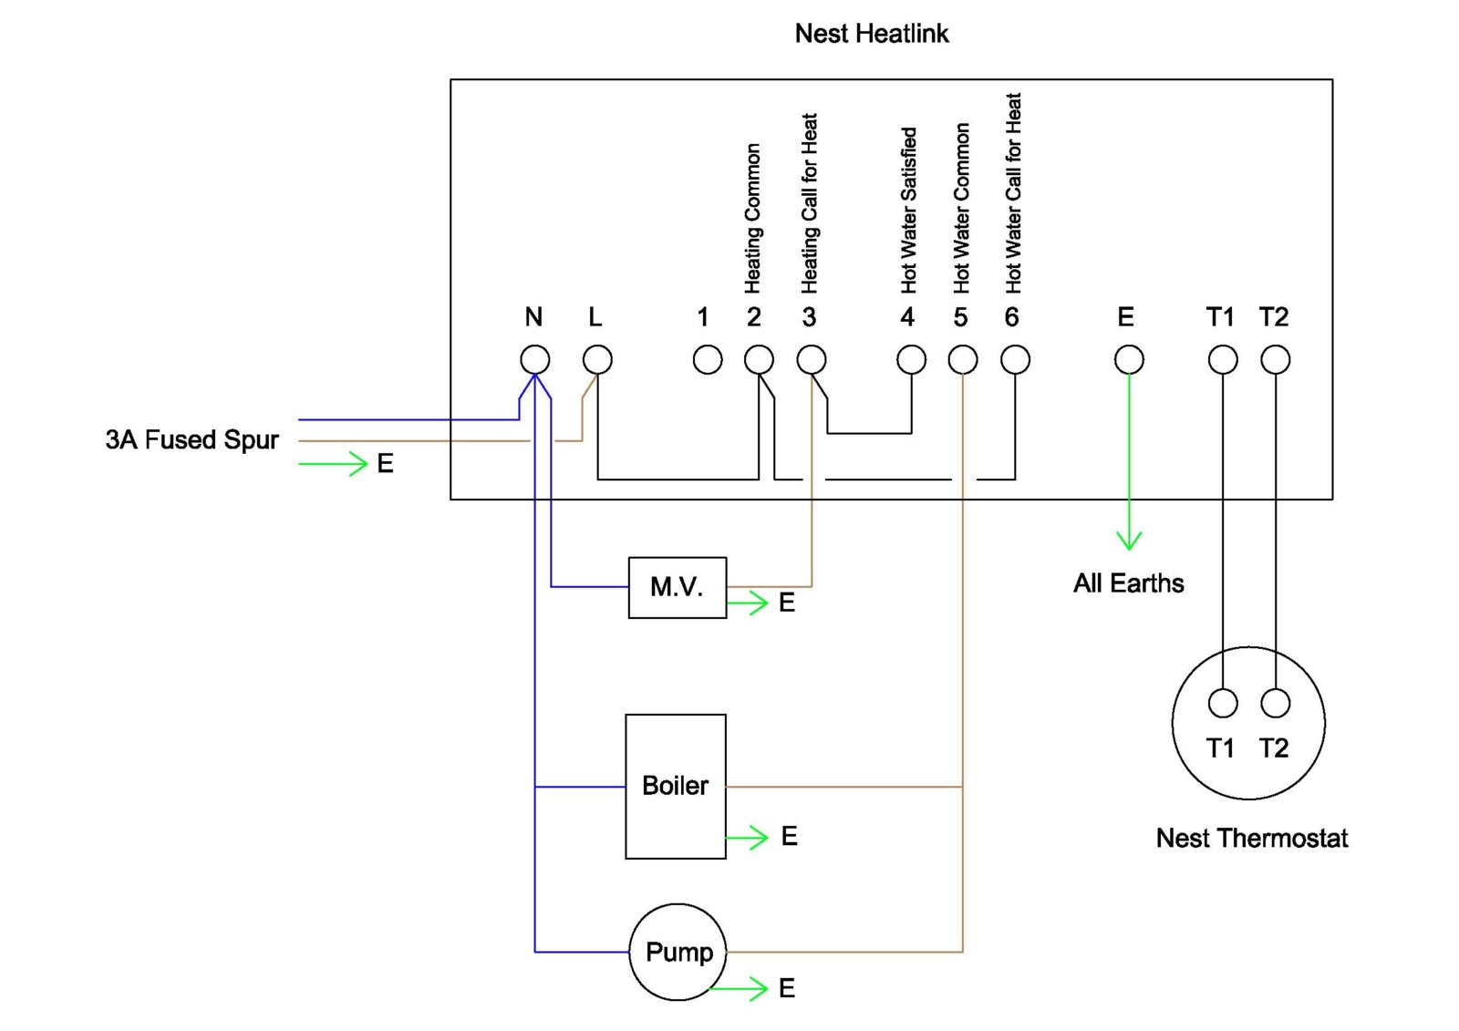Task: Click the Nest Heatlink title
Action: [872, 34]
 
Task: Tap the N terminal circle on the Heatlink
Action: [535, 359]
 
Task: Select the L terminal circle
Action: [597, 359]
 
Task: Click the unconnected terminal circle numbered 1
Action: [708, 359]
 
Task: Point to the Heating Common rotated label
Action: [752, 219]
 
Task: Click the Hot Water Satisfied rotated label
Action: [908, 211]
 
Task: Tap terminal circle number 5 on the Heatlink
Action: [963, 359]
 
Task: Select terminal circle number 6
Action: [1015, 359]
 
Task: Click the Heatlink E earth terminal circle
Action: [1129, 359]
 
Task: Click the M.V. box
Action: [677, 587]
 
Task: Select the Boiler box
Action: [676, 786]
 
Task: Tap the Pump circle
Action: [678, 952]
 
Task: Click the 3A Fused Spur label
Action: [191, 440]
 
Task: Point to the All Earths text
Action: [1128, 583]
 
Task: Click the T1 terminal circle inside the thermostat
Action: [1223, 703]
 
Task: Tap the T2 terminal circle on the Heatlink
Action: [1275, 359]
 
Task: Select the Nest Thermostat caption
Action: [1251, 839]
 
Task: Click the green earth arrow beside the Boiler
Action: [748, 837]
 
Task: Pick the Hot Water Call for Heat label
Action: [1013, 193]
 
